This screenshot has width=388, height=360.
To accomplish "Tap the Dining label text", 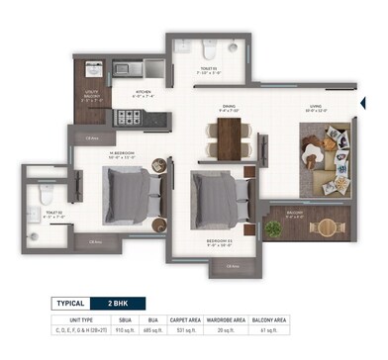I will (x=228, y=108).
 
